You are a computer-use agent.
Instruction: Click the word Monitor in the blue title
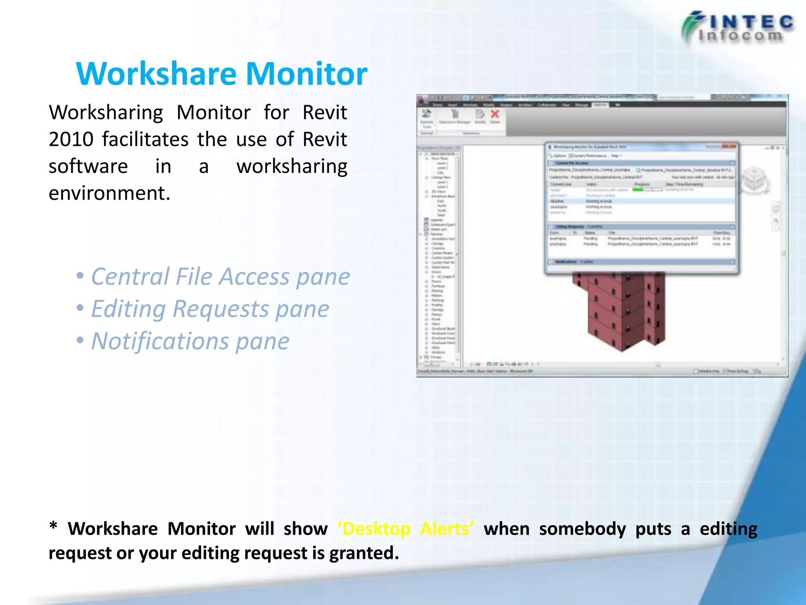(x=307, y=74)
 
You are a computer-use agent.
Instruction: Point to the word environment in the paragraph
(x=109, y=193)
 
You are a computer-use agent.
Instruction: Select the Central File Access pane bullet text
(x=220, y=277)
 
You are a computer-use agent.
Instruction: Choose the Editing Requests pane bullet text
(x=210, y=309)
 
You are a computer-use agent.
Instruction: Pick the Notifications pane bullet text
(x=190, y=341)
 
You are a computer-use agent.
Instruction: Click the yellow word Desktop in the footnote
(x=377, y=529)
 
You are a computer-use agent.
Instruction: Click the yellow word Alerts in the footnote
(x=447, y=529)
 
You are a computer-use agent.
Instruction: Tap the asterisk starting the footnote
(x=54, y=527)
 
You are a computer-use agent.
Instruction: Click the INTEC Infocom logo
(x=737, y=28)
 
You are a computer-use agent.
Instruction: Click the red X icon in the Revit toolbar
(x=495, y=114)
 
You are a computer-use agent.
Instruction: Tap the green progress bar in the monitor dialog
(x=638, y=190)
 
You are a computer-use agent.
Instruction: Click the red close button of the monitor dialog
(x=729, y=147)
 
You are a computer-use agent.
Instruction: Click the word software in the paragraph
(x=88, y=167)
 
